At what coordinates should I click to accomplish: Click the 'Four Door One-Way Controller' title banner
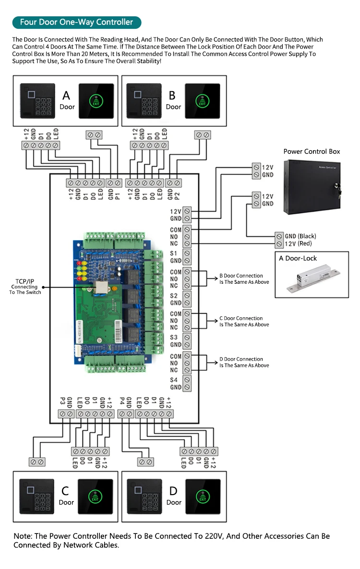coord(76,23)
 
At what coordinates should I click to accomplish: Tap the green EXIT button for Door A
coord(96,101)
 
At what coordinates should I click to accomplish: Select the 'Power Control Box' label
coord(312,152)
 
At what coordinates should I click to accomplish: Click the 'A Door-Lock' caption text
coord(298,258)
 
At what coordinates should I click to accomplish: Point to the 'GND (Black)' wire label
coord(300,236)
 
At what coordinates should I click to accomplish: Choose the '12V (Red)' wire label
coord(299,243)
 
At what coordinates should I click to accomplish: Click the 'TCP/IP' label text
coord(25,281)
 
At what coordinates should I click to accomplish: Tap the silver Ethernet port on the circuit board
coord(102,287)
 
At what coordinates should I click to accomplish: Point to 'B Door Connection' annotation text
coord(241,276)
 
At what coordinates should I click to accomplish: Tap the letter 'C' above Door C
coord(65,491)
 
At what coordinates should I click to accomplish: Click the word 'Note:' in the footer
coord(22,536)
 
